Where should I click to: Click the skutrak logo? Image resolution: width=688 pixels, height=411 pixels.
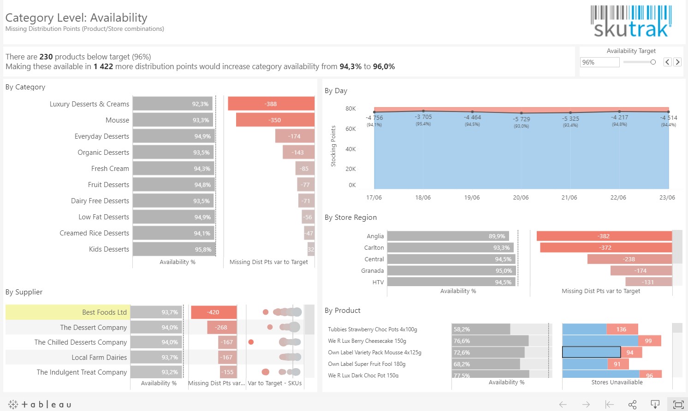(631, 21)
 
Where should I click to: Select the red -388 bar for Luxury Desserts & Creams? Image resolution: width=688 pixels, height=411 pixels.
(271, 104)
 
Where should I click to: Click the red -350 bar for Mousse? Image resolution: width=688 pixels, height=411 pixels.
(275, 120)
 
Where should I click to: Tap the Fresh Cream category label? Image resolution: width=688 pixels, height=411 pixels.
(110, 169)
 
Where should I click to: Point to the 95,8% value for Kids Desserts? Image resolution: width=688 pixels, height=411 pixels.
(203, 249)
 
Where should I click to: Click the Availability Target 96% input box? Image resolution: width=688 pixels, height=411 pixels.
(599, 62)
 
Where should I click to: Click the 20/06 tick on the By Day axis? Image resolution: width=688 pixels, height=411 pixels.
(521, 198)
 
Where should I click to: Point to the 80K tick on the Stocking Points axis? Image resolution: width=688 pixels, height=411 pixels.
(350, 109)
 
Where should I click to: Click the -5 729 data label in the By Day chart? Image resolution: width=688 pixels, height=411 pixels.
(521, 119)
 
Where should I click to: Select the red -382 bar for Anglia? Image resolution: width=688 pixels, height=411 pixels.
(604, 236)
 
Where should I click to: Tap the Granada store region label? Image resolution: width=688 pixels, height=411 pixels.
(372, 271)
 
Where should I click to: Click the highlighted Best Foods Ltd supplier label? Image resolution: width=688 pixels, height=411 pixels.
(104, 312)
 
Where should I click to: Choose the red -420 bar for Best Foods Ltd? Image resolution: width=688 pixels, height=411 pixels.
(214, 312)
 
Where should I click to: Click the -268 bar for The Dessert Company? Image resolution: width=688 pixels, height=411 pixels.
(221, 328)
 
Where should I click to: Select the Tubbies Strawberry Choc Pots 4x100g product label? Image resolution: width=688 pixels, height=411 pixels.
(372, 329)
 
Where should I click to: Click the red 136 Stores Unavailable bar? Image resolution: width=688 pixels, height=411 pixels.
(622, 329)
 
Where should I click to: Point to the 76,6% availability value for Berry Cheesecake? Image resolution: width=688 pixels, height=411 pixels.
(462, 341)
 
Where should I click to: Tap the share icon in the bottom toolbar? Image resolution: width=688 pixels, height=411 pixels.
(632, 405)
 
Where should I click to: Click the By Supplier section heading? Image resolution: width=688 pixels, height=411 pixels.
(24, 292)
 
